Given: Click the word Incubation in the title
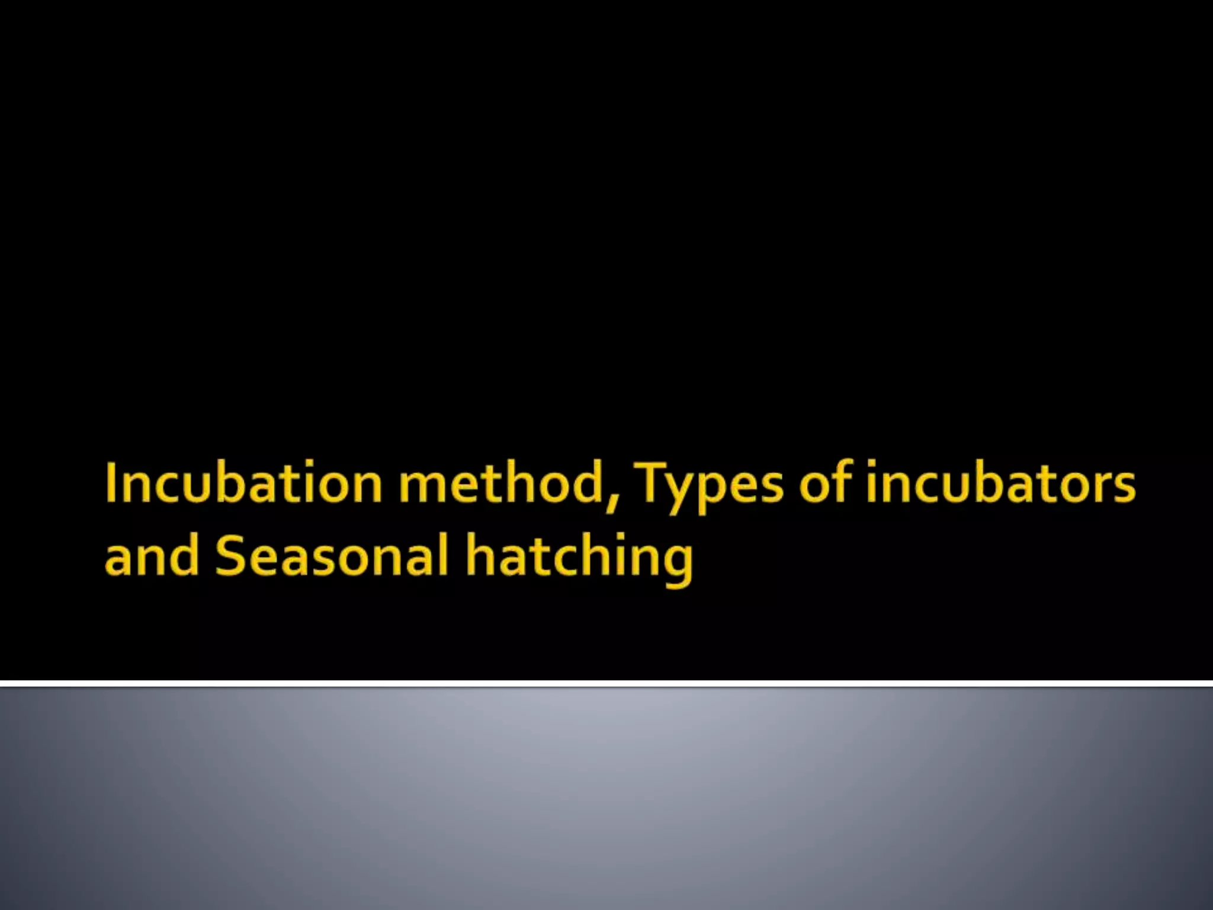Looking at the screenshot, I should tap(243, 483).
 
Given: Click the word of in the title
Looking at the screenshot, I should tap(824, 483).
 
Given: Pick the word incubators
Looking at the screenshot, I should tap(1000, 483).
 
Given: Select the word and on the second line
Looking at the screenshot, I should tap(152, 556).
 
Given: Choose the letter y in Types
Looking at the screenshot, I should tap(687, 492).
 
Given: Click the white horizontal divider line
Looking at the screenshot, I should tap(606, 684).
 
